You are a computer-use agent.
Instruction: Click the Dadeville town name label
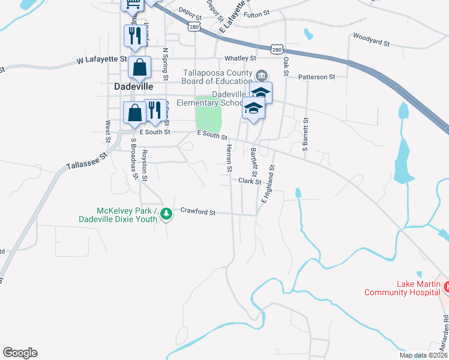coord(132,86)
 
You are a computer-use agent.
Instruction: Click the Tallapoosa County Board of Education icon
coord(262,76)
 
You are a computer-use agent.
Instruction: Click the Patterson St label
coord(317,77)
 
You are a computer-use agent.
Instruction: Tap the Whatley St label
coord(240,59)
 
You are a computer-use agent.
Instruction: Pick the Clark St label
coord(250,181)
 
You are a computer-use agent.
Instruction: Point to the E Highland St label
coord(268,184)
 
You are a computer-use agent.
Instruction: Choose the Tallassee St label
coord(86,161)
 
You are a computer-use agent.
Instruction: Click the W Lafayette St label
coord(102,60)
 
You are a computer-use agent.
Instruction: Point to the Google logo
coord(20,353)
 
